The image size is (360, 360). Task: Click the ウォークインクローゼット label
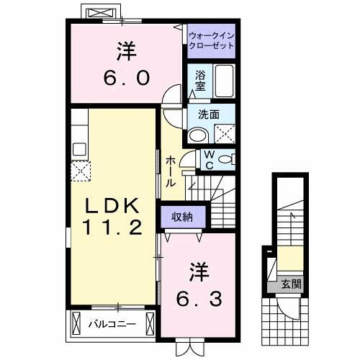click(212, 40)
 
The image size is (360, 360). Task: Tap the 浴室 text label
click(199, 79)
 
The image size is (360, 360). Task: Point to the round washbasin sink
click(197, 135)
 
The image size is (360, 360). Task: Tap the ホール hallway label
click(171, 171)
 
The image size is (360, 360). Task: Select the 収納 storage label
click(182, 216)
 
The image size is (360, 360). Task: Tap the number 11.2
click(112, 228)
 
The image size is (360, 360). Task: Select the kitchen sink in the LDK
click(79, 149)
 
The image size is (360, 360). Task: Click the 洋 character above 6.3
click(199, 271)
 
